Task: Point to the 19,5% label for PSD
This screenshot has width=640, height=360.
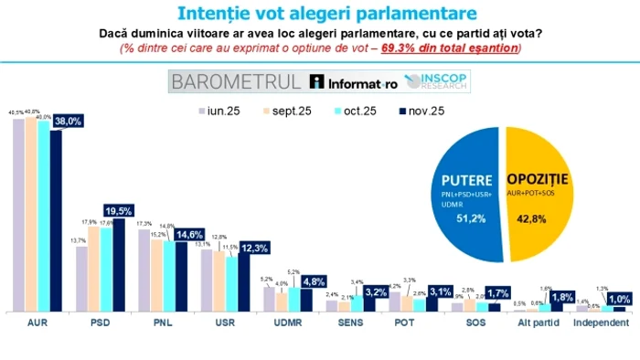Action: pos(122,209)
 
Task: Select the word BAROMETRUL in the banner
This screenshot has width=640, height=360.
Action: pos(236,81)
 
